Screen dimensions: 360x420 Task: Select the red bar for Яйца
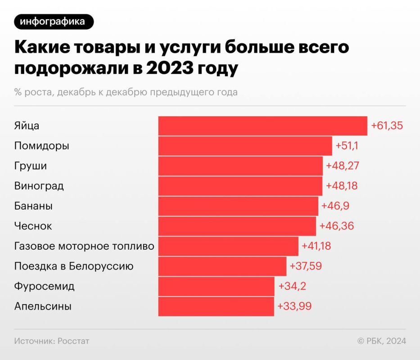pyautogui.click(x=262, y=126)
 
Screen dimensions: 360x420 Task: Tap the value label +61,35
pyautogui.click(x=386, y=126)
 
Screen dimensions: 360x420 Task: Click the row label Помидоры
pyautogui.click(x=42, y=146)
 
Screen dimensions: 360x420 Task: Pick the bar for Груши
pyautogui.click(x=240, y=166)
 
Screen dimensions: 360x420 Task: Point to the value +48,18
pyautogui.click(x=341, y=186)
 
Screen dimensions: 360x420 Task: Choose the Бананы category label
pyautogui.click(x=33, y=206)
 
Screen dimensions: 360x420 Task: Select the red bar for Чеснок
pyautogui.click(x=237, y=226)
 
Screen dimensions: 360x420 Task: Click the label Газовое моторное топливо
pyautogui.click(x=84, y=246)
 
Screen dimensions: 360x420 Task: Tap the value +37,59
pyautogui.click(x=306, y=266)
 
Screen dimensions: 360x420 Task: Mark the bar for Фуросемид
pyautogui.click(x=216, y=286)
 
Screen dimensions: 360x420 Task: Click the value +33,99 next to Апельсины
pyautogui.click(x=294, y=306)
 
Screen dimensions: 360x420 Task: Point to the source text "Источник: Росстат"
pyautogui.click(x=52, y=341)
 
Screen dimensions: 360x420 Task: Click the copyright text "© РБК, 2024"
pyautogui.click(x=382, y=341)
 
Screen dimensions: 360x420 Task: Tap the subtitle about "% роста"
pyautogui.click(x=126, y=92)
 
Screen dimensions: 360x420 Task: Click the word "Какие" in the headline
pyautogui.click(x=39, y=48)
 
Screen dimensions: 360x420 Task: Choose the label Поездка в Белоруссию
pyautogui.click(x=74, y=266)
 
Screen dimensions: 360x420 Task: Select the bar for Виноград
pyautogui.click(x=240, y=186)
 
